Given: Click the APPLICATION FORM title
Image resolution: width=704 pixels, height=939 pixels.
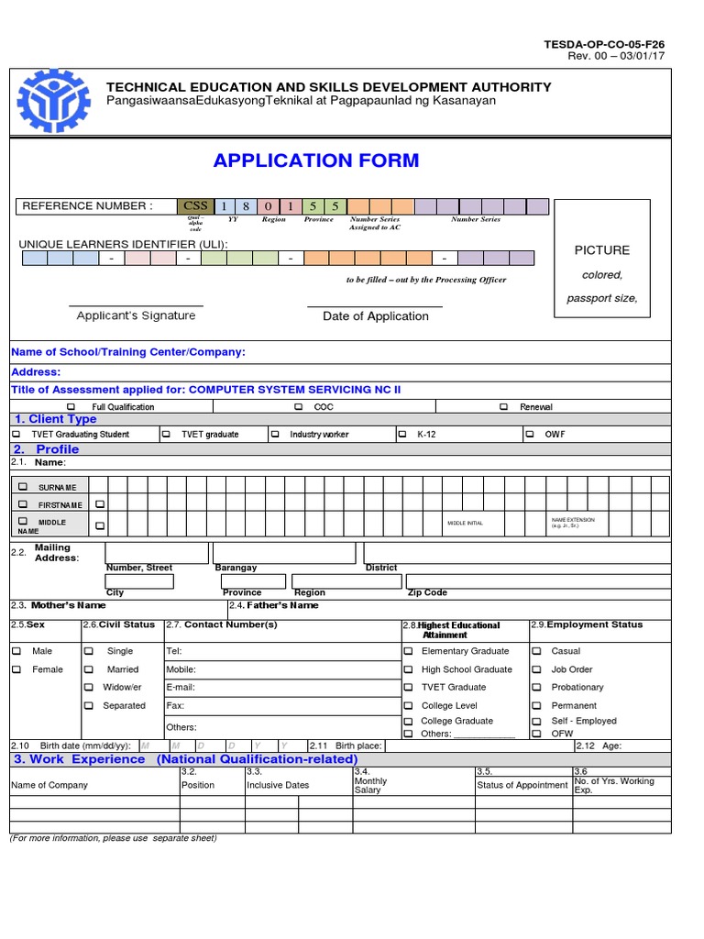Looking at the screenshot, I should click(x=316, y=160).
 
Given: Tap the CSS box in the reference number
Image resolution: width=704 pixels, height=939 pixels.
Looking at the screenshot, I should click(x=195, y=206).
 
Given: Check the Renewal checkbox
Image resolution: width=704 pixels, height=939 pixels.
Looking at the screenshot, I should click(x=503, y=406).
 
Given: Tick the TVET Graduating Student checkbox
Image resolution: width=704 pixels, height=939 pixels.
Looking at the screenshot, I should click(x=16, y=434).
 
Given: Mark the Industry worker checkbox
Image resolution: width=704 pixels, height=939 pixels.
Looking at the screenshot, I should click(x=274, y=434).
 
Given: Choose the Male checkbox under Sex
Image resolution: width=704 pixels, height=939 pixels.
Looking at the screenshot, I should click(x=16, y=651).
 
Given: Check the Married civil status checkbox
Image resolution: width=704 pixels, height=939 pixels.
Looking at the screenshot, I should click(x=89, y=669).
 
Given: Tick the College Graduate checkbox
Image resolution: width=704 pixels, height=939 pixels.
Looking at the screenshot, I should click(x=408, y=721).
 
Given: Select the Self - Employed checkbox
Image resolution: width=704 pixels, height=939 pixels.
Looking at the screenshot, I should click(x=538, y=721).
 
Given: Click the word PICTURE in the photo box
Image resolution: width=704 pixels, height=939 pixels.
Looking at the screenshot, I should click(x=601, y=250).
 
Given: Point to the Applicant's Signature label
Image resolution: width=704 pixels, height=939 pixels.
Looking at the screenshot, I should click(x=136, y=315).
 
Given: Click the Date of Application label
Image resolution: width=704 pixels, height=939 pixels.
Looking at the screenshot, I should click(x=375, y=316).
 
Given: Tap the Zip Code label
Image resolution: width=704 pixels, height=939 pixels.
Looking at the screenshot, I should click(x=427, y=592).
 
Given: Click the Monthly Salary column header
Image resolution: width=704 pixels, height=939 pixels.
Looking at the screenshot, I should click(x=371, y=785).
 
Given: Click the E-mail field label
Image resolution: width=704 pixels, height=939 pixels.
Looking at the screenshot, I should click(x=181, y=687).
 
